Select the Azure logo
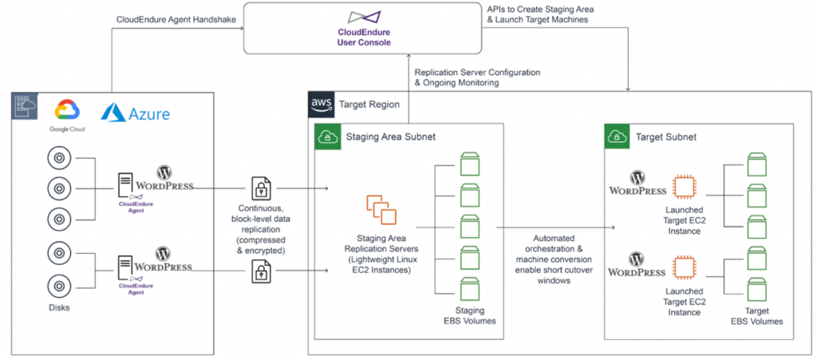(135, 114)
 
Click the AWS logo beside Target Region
(321, 103)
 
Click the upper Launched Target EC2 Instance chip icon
(684, 187)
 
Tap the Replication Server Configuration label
(477, 77)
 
